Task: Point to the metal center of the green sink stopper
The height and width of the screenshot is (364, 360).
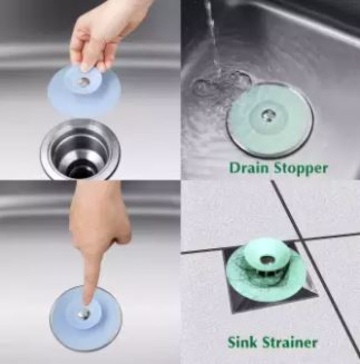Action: coord(268,115)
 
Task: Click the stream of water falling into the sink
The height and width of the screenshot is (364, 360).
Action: coord(212,33)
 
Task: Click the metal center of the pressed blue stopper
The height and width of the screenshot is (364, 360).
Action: coord(84,314)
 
